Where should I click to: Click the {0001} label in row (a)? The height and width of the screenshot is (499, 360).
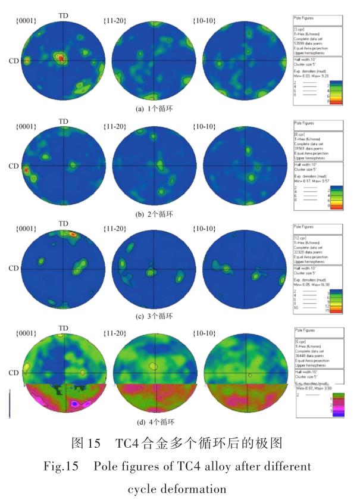[x=26, y=21]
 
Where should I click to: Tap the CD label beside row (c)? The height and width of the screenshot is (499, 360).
[x=12, y=267]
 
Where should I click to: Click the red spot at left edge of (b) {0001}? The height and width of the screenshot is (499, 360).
[x=26, y=170]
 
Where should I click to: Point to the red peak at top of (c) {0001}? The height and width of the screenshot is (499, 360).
[x=73, y=235]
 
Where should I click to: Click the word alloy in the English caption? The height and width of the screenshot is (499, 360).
[x=210, y=465]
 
